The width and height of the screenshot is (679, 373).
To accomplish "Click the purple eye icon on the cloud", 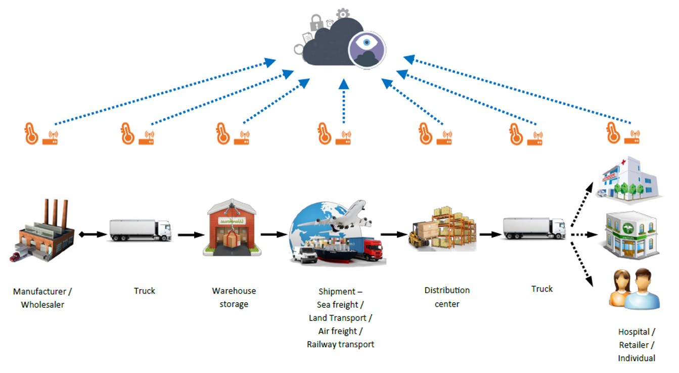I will (367, 50).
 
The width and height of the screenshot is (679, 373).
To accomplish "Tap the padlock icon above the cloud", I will (316, 22).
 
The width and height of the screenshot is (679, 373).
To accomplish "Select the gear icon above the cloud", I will (343, 14).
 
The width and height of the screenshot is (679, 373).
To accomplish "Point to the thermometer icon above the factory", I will (31, 133).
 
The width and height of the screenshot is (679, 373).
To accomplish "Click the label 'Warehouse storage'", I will (234, 297).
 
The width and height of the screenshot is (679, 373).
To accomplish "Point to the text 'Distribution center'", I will (447, 297).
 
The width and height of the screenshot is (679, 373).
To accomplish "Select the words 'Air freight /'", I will (340, 331).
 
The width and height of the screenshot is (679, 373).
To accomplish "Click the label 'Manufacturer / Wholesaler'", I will (42, 298).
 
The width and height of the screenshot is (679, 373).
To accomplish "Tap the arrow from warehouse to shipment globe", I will (274, 235).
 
